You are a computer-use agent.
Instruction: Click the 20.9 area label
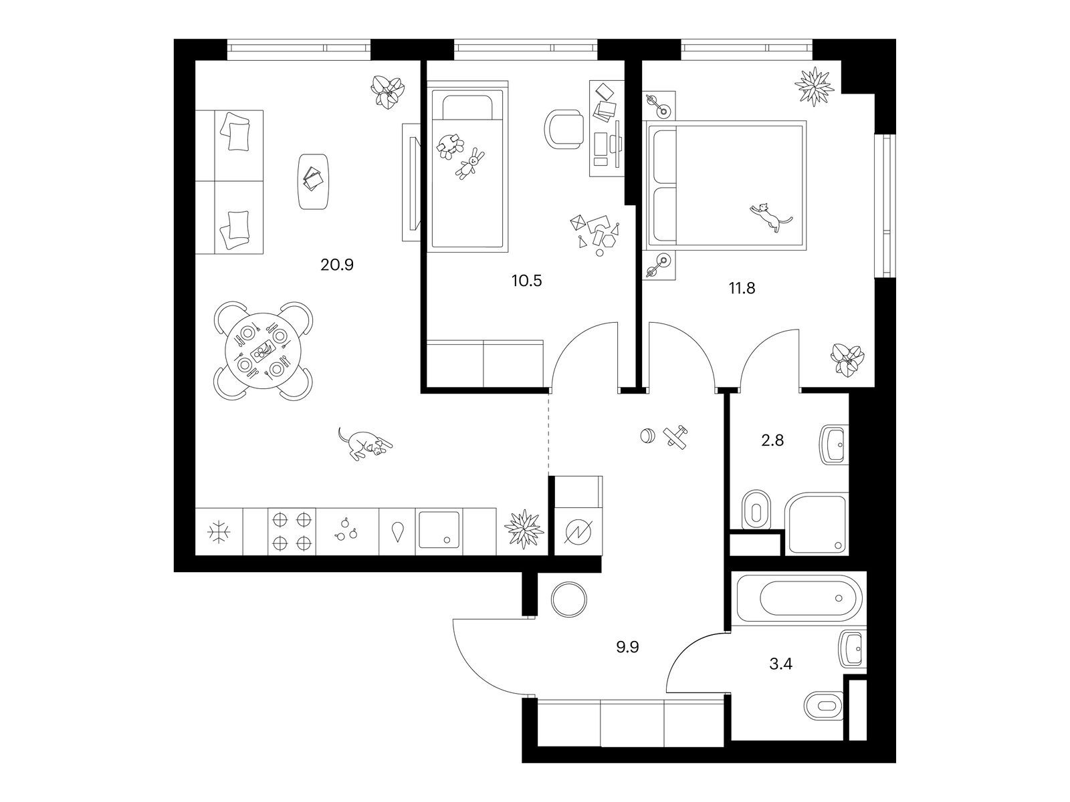click(337, 265)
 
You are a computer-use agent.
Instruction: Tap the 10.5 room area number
click(526, 281)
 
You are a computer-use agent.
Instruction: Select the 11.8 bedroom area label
click(742, 288)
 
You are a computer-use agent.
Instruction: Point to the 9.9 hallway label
click(627, 647)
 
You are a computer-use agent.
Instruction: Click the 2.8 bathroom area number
click(772, 440)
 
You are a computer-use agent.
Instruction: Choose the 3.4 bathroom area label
click(781, 664)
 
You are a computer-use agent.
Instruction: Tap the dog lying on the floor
click(365, 444)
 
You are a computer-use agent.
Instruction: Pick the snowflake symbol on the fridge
click(219, 532)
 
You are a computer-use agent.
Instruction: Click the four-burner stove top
click(292, 532)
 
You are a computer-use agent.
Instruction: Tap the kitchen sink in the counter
click(439, 529)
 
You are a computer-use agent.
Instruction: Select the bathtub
click(799, 598)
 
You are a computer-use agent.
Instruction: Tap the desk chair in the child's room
click(564, 129)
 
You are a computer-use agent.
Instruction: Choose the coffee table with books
click(314, 182)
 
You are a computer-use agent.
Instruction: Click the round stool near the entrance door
click(569, 600)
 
